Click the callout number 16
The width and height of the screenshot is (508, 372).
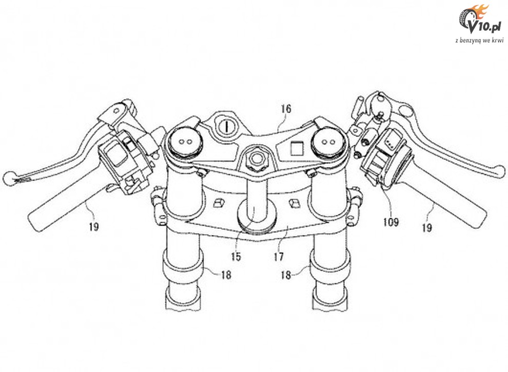point(286,109)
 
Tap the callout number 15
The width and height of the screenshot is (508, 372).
point(236,257)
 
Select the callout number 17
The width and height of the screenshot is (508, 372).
point(279,257)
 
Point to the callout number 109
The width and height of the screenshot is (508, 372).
point(390,222)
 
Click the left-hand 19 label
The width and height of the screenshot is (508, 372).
point(94,226)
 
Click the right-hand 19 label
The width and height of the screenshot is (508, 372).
point(427,228)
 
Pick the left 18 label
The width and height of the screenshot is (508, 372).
point(226,275)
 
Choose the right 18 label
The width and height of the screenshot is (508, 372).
point(286,275)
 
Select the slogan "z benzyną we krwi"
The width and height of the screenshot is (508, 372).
point(479,40)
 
